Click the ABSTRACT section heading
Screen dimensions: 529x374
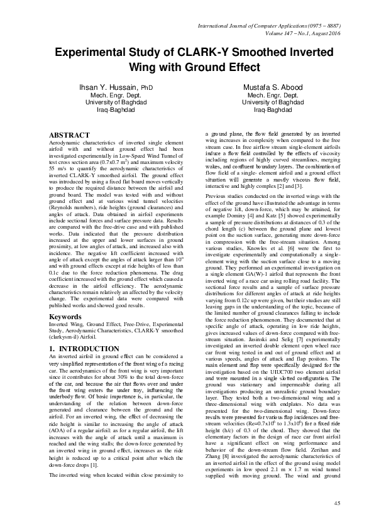point(70,134)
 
